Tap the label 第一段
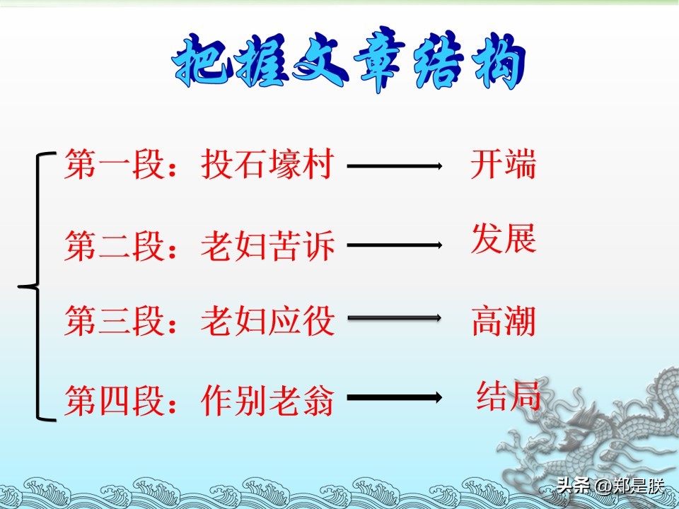pos(115,164)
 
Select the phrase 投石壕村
pos(267,164)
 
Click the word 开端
pos(504,164)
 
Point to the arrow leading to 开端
pos(395,165)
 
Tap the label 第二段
pos(115,245)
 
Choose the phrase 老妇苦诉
pos(267,245)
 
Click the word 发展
pos(504,238)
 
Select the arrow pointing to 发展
pos(395,245)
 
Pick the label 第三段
pos(115,321)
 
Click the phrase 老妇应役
pos(267,321)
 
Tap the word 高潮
pos(504,321)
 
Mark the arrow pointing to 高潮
pos(395,317)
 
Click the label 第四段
pos(115,400)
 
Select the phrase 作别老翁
pos(267,400)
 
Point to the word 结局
pos(509,396)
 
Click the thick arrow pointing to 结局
pos(395,397)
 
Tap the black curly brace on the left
pos(38,286)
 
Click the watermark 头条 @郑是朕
pos(610,486)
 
